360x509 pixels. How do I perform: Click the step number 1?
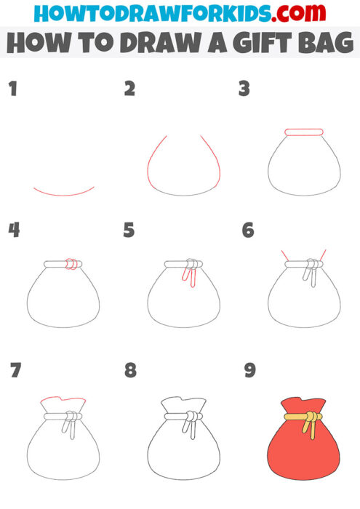tap(12, 89)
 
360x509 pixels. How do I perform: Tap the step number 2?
tap(130, 89)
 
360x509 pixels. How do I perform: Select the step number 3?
tap(244, 89)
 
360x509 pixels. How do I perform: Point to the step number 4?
tap(13, 231)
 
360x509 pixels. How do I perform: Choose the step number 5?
tap(129, 231)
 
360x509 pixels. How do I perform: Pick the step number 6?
tap(248, 231)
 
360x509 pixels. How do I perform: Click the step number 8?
tap(130, 370)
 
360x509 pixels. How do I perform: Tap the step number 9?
tap(249, 370)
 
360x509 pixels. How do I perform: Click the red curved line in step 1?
tap(64, 194)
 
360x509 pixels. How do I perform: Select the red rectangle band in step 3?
tap(304, 132)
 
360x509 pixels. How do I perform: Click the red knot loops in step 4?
tap(70, 265)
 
